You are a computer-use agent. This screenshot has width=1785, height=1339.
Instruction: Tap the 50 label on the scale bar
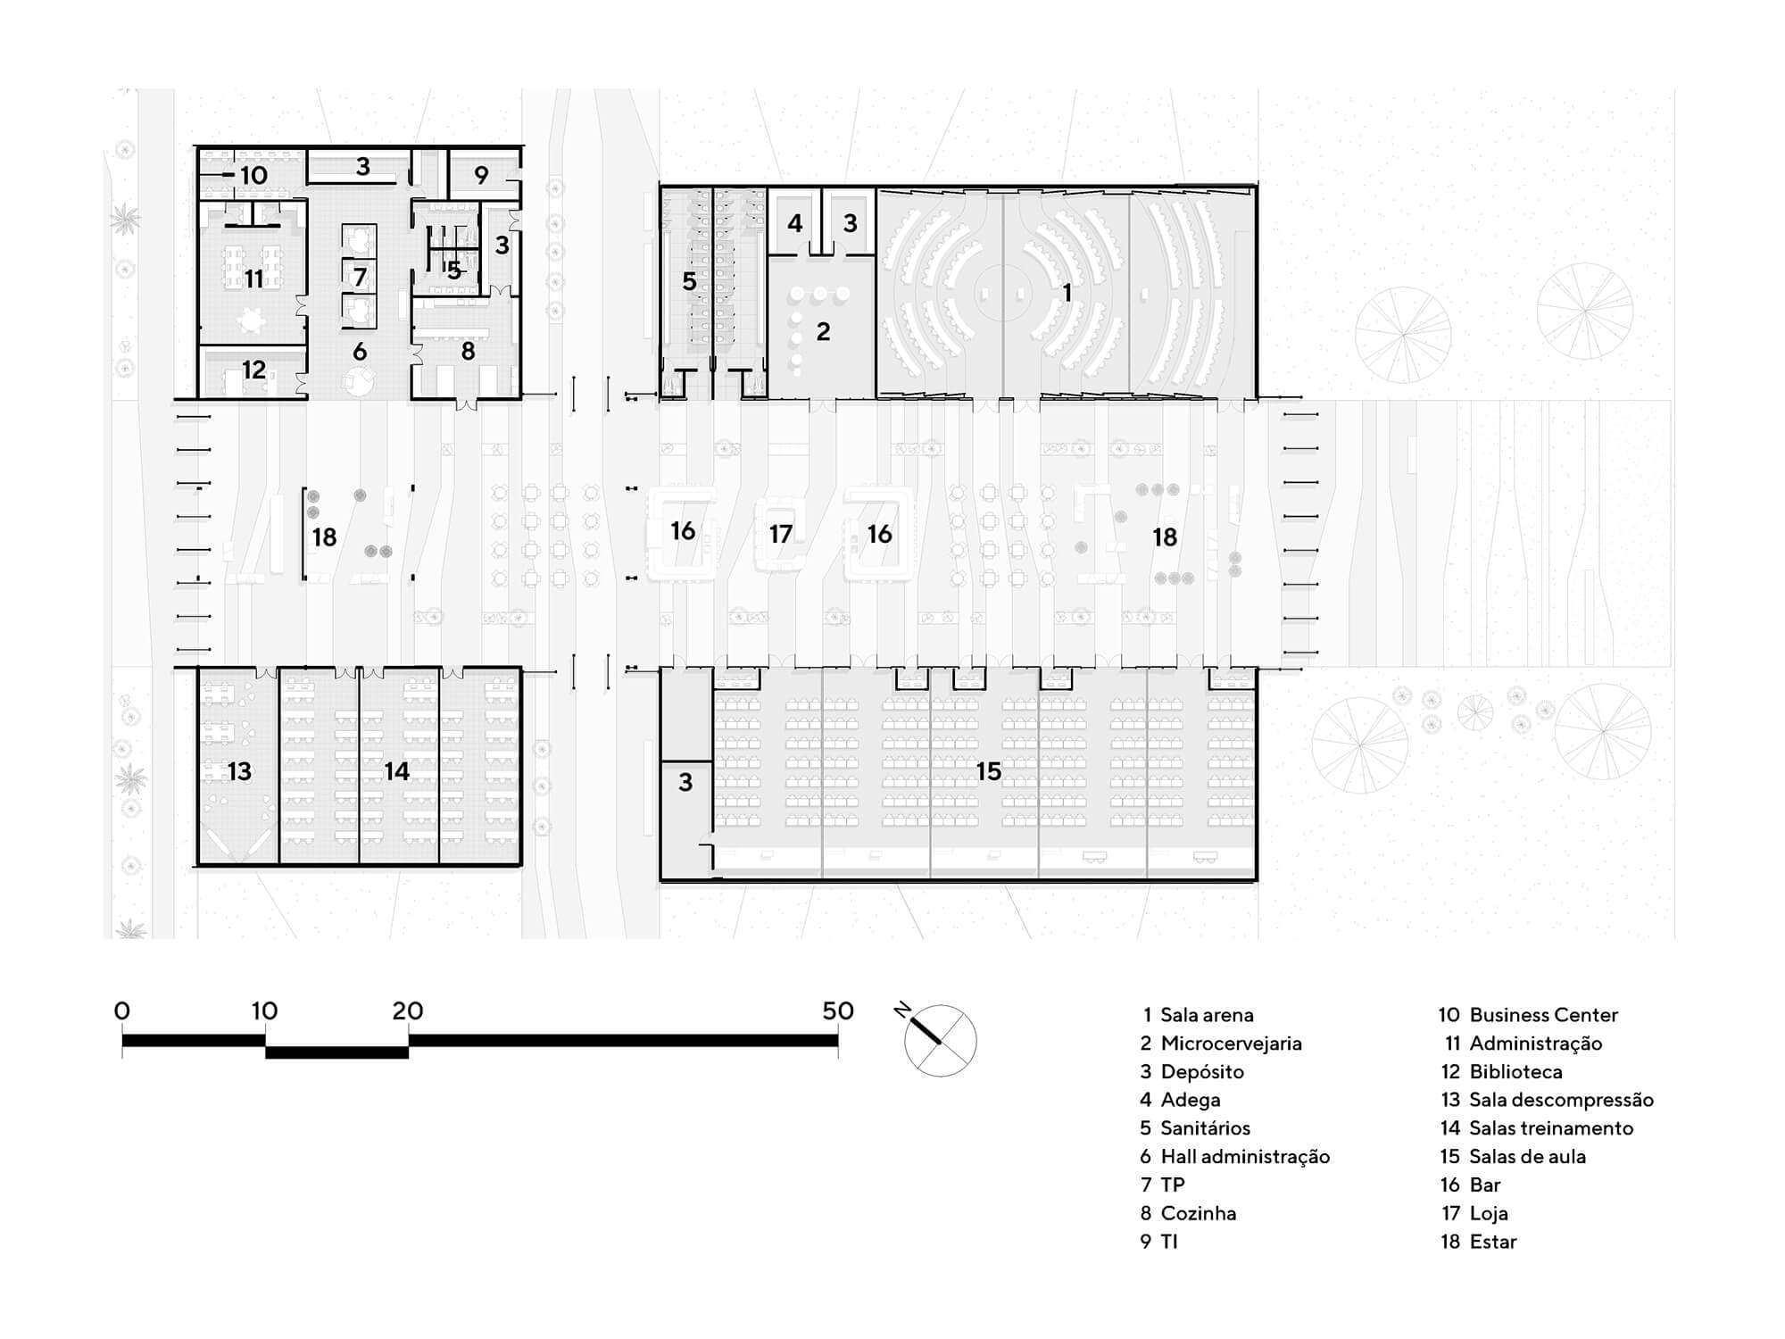click(x=838, y=1010)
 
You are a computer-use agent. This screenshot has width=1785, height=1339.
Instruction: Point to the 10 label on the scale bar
click(x=264, y=1010)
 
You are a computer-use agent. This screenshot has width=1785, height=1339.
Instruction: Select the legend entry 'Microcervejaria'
click(x=1231, y=1043)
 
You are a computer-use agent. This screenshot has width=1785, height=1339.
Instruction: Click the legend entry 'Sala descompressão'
click(x=1561, y=1100)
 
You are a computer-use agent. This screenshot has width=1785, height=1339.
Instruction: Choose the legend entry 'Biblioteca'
click(x=1515, y=1071)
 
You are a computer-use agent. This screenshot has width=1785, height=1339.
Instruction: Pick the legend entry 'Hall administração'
click(x=1245, y=1157)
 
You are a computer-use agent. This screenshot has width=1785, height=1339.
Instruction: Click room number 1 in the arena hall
click(x=1067, y=292)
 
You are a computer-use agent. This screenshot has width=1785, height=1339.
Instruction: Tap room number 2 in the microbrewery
click(x=823, y=332)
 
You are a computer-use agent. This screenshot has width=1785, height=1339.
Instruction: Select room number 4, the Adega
click(x=795, y=223)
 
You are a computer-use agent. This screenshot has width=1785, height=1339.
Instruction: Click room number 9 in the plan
click(x=481, y=176)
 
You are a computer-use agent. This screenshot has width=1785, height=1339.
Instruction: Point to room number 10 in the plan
click(x=253, y=175)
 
